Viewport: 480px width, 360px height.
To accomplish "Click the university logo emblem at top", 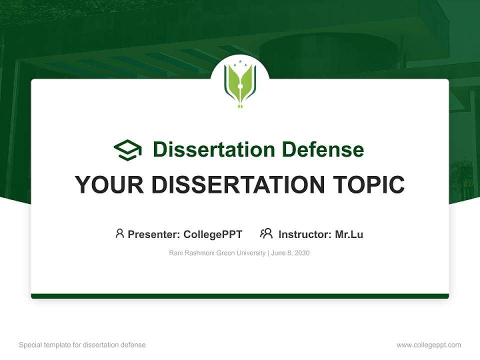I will coord(240,84).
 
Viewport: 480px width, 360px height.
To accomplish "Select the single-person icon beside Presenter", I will coord(119,233).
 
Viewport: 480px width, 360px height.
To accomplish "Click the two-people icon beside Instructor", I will coord(266,233).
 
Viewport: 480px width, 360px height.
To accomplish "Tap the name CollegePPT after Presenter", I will coord(212,234).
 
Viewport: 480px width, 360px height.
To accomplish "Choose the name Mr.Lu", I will coord(349,234).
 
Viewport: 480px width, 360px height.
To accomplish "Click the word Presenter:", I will coord(154,234).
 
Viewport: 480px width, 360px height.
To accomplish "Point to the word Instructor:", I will coord(305,234).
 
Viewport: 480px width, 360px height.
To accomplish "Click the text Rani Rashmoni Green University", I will coord(217,253).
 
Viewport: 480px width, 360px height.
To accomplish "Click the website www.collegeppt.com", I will coord(428,345).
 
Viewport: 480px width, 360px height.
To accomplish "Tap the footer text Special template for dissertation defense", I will coord(82,345).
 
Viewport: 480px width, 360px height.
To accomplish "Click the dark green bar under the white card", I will coord(240,296).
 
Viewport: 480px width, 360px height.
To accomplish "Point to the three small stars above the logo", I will coord(240,62).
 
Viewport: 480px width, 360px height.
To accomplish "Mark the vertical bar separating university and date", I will coord(269,253).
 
